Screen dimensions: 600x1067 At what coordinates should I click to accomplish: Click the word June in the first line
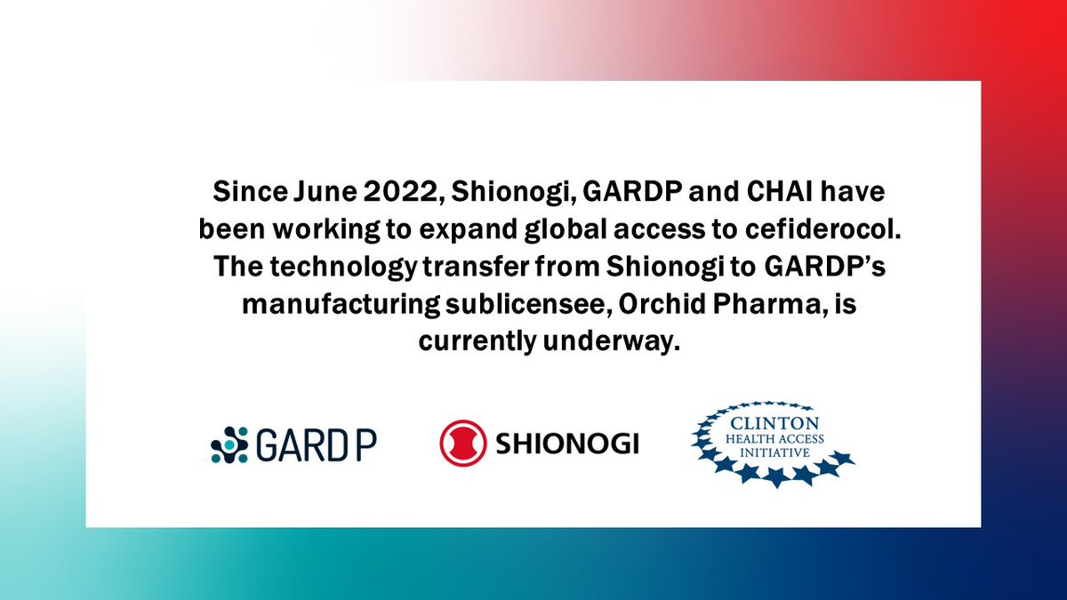315,191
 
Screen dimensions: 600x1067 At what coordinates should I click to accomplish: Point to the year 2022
391,191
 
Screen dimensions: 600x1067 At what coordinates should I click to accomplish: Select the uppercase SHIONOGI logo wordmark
566,444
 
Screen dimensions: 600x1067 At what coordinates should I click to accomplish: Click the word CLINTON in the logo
772,424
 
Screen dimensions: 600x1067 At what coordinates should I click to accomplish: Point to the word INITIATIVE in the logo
773,452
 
